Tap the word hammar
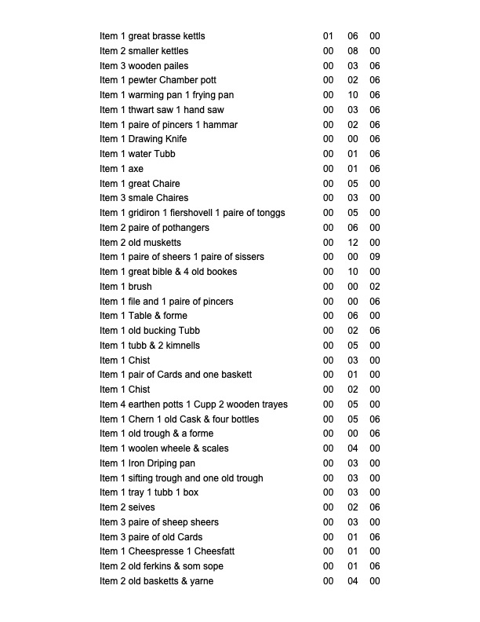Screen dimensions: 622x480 (x=220, y=125)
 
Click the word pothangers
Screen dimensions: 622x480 (x=184, y=228)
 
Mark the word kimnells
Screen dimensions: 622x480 (x=181, y=346)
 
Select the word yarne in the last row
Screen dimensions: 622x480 (x=201, y=581)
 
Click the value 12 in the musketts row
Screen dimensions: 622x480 (x=353, y=243)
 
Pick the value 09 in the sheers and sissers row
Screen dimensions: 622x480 (x=375, y=257)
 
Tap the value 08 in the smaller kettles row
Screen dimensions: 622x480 (x=353, y=51)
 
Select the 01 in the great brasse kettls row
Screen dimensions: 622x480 (x=328, y=36)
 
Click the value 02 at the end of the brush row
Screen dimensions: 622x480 (x=375, y=287)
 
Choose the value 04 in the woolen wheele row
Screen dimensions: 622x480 (x=353, y=448)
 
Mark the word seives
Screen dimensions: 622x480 (x=141, y=507)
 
